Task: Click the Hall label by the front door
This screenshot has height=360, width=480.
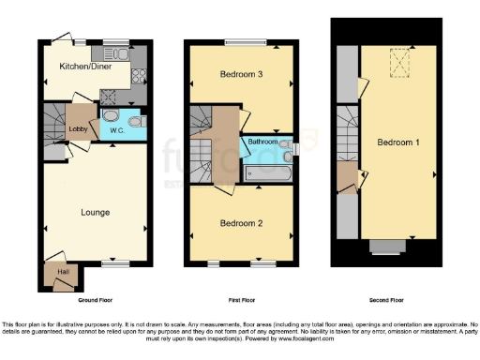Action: pyautogui.click(x=62, y=272)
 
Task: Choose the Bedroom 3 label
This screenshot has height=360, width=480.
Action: pyautogui.click(x=241, y=74)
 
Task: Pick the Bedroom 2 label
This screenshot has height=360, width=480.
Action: pyautogui.click(x=241, y=223)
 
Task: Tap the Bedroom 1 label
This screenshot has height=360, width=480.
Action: pyautogui.click(x=397, y=143)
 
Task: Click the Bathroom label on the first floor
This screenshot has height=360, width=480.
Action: pyautogui.click(x=262, y=142)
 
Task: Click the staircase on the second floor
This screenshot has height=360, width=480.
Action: pyautogui.click(x=347, y=131)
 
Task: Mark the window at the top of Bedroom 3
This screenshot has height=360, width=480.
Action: pyautogui.click(x=241, y=40)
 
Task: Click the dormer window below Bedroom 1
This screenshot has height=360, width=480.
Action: pyautogui.click(x=384, y=246)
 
